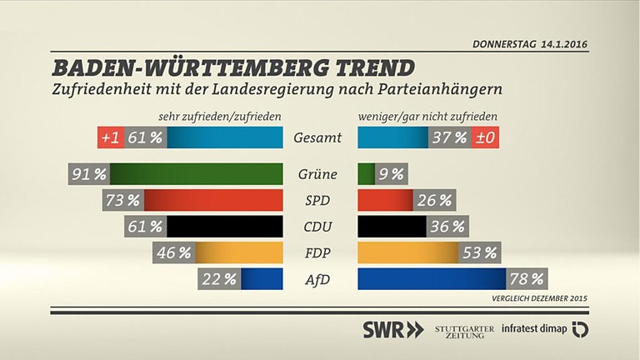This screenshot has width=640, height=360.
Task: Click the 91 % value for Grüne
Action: coord(88,175)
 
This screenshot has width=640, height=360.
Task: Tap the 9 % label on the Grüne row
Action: coord(391,175)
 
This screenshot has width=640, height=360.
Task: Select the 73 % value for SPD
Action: coord(122,201)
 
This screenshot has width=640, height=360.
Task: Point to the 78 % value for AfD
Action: coord(527,279)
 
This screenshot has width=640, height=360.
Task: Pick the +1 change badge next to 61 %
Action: coord(110,138)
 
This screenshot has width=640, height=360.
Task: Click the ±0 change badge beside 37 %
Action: coord(485,138)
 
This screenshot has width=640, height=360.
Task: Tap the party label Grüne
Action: coord(317,175)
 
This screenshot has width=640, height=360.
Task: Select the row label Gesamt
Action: coord(319,138)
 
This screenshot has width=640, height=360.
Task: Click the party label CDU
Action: coord(317,227)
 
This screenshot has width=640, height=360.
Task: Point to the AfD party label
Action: coord(317,279)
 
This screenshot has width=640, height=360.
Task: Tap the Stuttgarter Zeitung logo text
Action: coord(464,330)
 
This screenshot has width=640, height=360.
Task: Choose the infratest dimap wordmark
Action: coord(534,330)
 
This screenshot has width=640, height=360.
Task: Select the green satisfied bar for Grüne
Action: coord(200,175)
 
